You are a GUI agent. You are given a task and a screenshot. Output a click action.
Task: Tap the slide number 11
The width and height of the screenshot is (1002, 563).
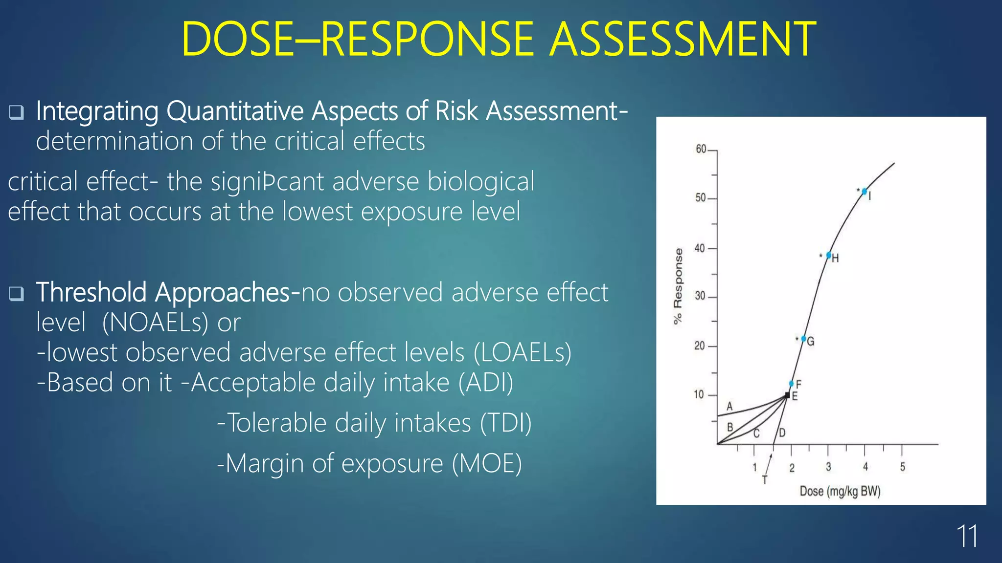[967, 537]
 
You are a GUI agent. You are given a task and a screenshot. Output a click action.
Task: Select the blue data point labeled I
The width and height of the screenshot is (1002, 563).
[865, 192]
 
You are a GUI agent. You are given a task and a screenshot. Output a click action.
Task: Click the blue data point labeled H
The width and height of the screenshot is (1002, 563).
[829, 255]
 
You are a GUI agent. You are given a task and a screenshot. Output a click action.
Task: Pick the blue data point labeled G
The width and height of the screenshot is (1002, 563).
[804, 339]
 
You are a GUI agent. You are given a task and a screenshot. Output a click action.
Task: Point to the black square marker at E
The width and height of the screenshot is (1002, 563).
[787, 395]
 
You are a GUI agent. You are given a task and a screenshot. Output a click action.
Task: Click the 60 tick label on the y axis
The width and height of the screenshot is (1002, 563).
[701, 149]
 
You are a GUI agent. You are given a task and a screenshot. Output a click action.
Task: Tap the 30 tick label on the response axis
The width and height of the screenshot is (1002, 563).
[700, 296]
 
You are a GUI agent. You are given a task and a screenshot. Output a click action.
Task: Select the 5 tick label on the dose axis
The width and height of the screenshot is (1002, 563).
[903, 467]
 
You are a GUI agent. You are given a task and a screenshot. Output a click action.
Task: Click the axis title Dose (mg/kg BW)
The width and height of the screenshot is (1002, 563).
[840, 491]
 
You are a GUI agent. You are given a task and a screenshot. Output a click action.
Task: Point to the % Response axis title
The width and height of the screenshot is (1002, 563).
[678, 286]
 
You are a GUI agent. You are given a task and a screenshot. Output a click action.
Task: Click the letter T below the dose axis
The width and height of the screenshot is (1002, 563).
[765, 480]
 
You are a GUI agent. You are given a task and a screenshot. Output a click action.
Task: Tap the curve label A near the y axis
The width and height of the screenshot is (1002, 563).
[729, 407]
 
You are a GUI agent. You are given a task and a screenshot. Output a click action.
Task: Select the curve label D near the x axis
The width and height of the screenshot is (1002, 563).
[782, 433]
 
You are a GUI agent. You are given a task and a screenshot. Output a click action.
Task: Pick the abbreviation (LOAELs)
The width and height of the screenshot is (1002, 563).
[523, 353]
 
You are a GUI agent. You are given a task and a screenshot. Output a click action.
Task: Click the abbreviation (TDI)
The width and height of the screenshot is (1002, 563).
[505, 423]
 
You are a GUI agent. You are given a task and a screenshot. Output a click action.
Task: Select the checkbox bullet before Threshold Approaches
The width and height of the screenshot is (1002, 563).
[17, 294]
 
